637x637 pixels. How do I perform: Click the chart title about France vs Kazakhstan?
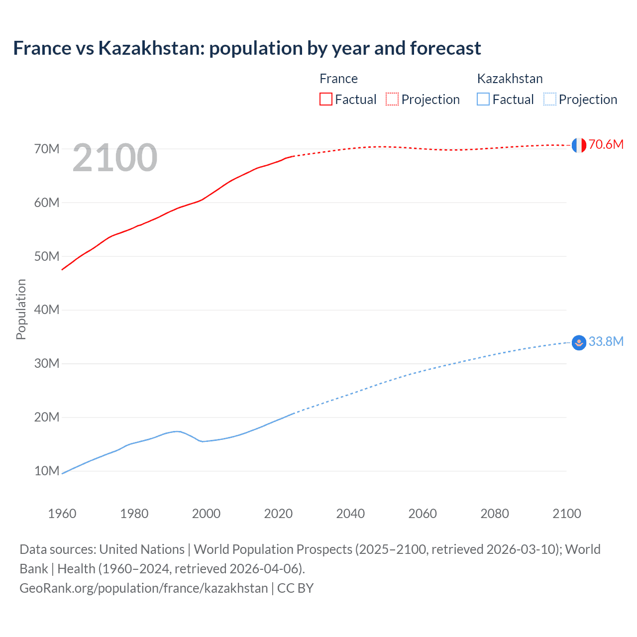247,48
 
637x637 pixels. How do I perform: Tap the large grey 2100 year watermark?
115,158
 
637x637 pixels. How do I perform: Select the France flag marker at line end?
579,145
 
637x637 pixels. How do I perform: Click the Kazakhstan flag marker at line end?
579,343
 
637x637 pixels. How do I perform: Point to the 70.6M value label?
606,144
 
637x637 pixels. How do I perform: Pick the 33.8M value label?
606,341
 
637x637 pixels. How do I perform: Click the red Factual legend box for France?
326,99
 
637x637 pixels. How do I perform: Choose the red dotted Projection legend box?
392,99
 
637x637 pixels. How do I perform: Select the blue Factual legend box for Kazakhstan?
483,99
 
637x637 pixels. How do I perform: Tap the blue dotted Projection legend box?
549,99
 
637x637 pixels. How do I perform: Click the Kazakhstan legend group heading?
510,79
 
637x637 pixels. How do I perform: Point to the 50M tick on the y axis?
47,256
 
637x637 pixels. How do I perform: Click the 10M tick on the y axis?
47,471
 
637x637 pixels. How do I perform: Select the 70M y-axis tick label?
47,149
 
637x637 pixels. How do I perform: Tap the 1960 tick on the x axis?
62,514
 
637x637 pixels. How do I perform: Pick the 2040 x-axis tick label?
350,514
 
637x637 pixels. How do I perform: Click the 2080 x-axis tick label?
495,514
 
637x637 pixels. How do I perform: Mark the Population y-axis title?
21,309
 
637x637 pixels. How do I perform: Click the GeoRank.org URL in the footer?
144,588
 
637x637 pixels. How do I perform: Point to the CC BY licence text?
295,588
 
